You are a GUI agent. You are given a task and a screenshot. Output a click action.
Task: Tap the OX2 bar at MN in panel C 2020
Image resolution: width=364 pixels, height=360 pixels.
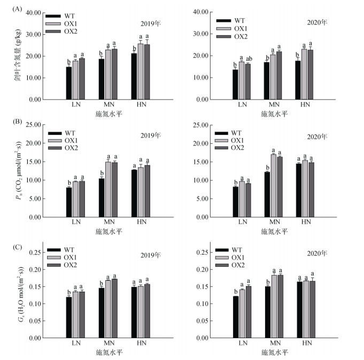[x=280, y=307]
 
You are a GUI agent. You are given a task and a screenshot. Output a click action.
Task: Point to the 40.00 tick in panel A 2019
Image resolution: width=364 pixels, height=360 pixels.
[x=34, y=12]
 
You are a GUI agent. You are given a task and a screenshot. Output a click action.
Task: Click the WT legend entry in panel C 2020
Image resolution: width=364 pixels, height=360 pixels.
[x=239, y=250]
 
